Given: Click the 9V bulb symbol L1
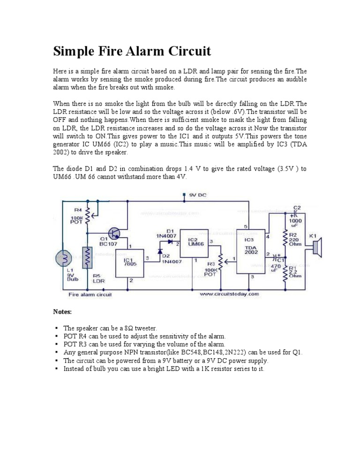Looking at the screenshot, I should click(63, 258).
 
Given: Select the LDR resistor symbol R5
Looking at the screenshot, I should click(87, 257).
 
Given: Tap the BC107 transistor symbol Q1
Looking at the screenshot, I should click(114, 233).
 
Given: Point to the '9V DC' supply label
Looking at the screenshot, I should click(197, 195).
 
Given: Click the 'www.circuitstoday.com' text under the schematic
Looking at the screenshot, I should click(229, 294).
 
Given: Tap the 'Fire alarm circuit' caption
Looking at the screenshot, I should click(90, 295).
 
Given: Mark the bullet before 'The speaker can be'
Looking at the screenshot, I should click(56, 328).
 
